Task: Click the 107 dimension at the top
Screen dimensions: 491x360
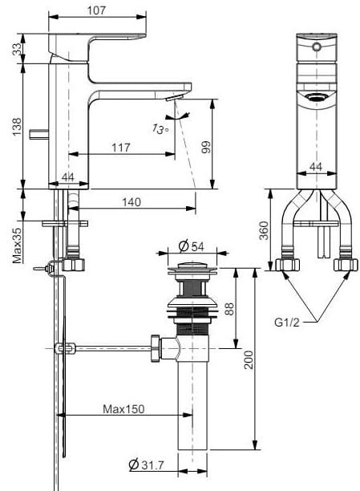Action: pos(97,10)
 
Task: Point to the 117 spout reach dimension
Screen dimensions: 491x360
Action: pos(120,148)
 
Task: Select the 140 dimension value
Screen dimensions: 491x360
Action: pos(133,202)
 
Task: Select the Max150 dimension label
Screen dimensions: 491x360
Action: pos(123,409)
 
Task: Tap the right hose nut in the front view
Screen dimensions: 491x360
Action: pos(346,265)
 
